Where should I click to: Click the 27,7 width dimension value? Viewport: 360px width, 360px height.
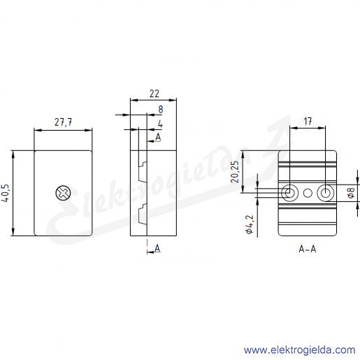pyautogui.click(x=63, y=122)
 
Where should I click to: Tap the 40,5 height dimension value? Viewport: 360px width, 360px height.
pyautogui.click(x=6, y=193)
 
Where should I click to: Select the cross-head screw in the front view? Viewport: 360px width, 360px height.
pyautogui.click(x=63, y=193)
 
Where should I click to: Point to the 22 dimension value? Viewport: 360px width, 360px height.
pyautogui.click(x=154, y=94)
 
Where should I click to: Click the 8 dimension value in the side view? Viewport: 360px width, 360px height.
pyautogui.click(x=161, y=109)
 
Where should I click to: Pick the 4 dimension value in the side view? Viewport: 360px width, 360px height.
pyautogui.click(x=160, y=124)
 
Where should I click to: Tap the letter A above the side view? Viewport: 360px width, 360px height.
pyautogui.click(x=158, y=137)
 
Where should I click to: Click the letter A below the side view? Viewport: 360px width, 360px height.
pyautogui.click(x=157, y=248)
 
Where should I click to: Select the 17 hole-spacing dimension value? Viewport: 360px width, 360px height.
pyautogui.click(x=308, y=122)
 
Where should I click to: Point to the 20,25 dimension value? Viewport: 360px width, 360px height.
pyautogui.click(x=236, y=172)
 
